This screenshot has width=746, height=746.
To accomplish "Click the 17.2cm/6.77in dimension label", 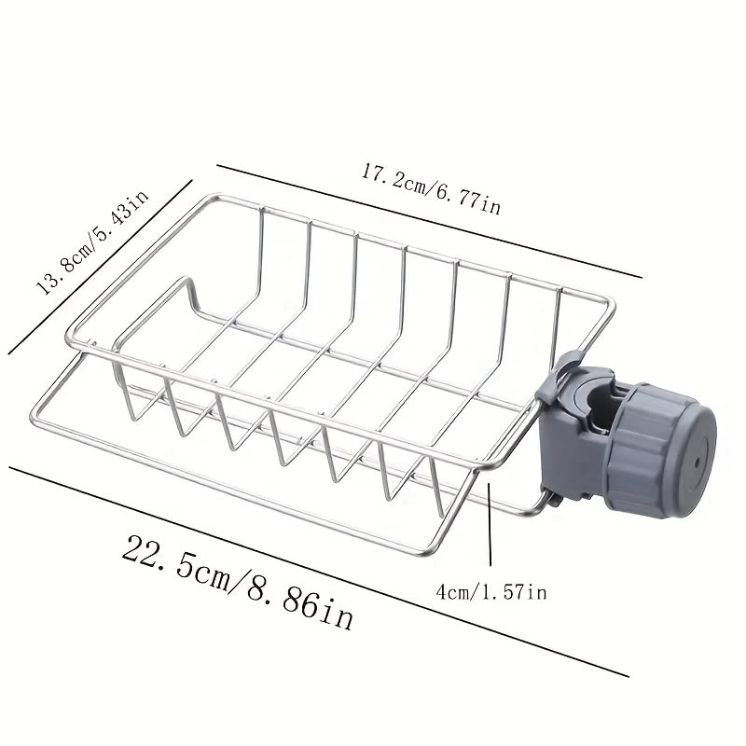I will (x=431, y=187).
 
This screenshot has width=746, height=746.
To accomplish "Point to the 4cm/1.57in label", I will (x=490, y=591).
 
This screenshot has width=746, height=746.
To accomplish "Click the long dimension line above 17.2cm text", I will (x=429, y=221).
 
